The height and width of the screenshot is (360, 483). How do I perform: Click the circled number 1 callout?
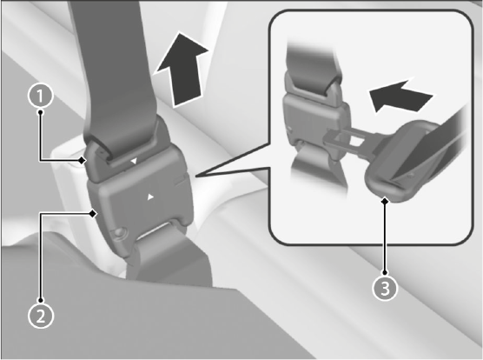(x=40, y=97)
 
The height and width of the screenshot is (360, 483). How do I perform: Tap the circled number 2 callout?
(x=41, y=316)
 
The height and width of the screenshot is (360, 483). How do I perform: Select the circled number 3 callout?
(x=385, y=288)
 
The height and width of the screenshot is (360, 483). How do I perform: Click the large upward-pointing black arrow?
(x=181, y=70)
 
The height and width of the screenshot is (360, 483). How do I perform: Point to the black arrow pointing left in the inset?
(x=400, y=96)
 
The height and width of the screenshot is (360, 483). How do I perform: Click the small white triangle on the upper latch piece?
(x=134, y=161)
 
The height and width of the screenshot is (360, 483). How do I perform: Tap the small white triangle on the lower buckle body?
(x=150, y=197)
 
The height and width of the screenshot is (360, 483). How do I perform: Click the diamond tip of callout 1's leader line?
(x=82, y=160)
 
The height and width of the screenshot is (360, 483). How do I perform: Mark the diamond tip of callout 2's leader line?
(x=92, y=213)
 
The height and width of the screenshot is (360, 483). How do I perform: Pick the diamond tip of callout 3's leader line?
(x=385, y=201)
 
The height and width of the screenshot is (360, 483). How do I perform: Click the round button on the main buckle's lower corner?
(x=120, y=231)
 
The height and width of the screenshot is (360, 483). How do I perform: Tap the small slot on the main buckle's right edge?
(x=180, y=181)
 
